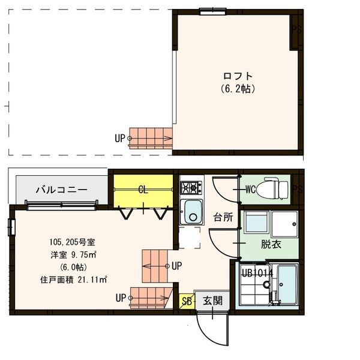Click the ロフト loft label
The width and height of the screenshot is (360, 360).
click(238, 76)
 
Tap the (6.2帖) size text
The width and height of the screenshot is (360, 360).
click(238, 88)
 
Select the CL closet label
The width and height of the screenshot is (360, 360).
click(143, 190)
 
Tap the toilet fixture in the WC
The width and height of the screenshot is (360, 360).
click(275, 188)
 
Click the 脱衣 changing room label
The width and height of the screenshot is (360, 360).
click(271, 244)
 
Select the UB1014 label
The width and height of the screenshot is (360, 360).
click(257, 273)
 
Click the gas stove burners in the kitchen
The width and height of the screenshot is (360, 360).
click(192, 188)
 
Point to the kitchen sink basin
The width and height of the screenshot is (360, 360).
click(193, 212)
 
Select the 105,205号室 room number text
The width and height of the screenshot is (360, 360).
click(72, 242)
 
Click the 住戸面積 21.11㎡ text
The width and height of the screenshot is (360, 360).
click(73, 279)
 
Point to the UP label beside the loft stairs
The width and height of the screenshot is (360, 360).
click(120, 138)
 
